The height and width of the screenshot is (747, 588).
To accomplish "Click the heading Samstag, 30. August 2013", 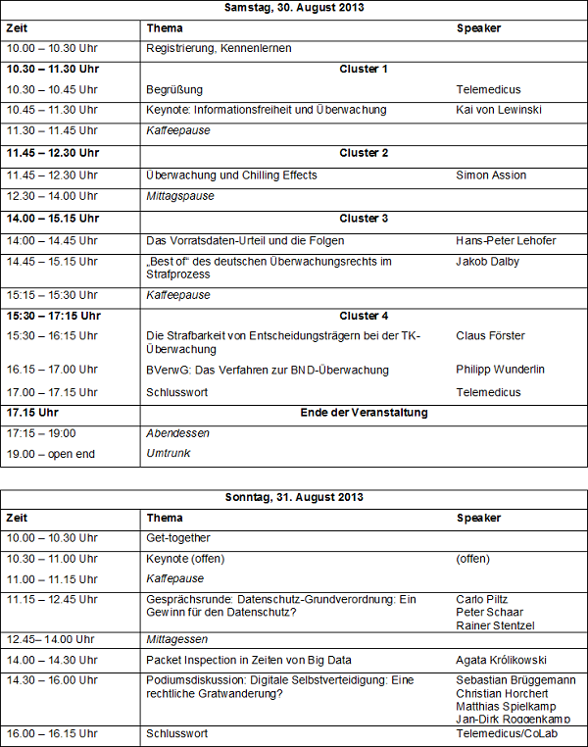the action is pyautogui.click(x=294, y=8).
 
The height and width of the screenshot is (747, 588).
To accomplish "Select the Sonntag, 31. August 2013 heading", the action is pyautogui.click(x=294, y=498).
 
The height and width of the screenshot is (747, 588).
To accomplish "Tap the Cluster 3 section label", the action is pyautogui.click(x=364, y=219).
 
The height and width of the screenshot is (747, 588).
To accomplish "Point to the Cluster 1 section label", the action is pyautogui.click(x=364, y=69).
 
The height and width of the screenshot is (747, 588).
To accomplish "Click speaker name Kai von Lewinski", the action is pyautogui.click(x=499, y=110).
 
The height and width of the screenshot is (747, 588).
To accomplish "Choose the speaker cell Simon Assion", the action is pyautogui.click(x=491, y=175).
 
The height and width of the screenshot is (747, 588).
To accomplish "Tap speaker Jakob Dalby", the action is pyautogui.click(x=487, y=262).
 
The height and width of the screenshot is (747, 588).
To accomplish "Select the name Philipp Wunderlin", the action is pyautogui.click(x=502, y=371).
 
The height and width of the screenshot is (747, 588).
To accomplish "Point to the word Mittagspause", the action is pyautogui.click(x=180, y=196).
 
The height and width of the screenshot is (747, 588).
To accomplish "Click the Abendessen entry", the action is pyautogui.click(x=178, y=432).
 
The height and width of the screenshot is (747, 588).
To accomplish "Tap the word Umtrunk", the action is pyautogui.click(x=170, y=454).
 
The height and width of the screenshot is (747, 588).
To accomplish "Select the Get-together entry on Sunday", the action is pyautogui.click(x=178, y=538).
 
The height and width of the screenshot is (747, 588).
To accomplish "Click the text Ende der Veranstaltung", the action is pyautogui.click(x=364, y=413).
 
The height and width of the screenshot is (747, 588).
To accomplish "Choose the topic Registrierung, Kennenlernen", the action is pyautogui.click(x=219, y=48).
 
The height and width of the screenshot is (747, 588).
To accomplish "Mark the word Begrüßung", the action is pyautogui.click(x=174, y=89).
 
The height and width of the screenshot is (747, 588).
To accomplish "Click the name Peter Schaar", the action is pyautogui.click(x=489, y=613).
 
